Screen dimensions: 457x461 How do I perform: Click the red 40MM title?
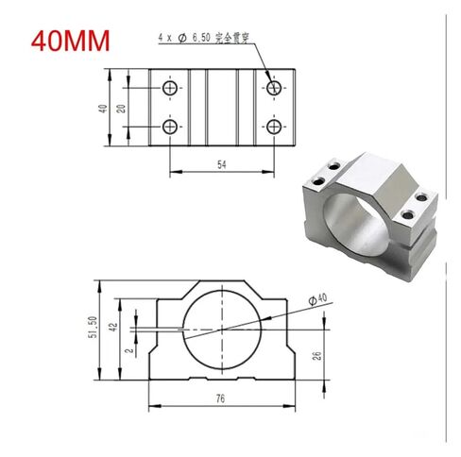tap(71, 42)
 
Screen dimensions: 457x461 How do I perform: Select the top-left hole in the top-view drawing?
tap(170, 89)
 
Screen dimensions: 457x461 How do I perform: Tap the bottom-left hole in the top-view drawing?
tap(170, 126)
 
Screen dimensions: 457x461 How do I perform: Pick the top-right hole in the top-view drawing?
tap(274, 89)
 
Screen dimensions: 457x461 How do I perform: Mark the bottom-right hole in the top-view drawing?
tap(274, 126)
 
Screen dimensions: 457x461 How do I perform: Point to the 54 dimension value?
tap(222, 165)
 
